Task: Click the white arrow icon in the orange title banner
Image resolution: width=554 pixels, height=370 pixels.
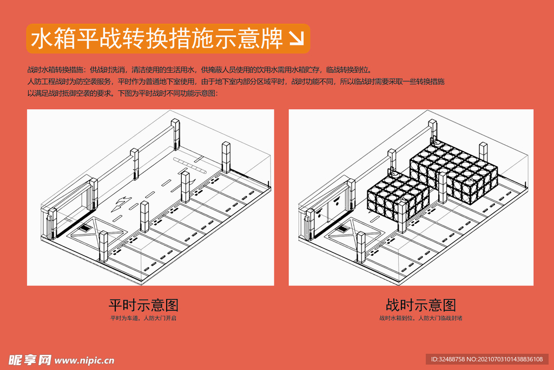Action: (296, 38)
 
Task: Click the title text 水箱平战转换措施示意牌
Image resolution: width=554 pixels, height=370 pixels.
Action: (157, 39)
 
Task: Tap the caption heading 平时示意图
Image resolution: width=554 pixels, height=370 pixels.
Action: (143, 304)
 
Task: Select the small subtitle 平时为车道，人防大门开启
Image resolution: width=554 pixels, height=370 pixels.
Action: (143, 318)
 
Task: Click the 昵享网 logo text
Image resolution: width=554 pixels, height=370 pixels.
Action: (30, 360)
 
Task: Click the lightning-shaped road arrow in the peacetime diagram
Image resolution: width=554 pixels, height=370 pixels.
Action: (122, 203)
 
